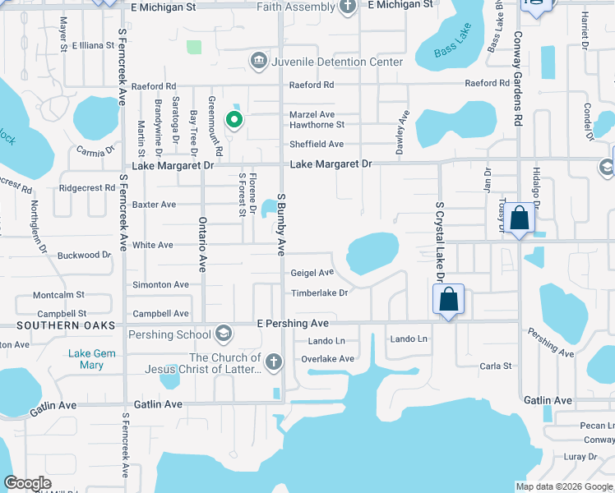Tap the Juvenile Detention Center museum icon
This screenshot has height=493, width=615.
click(x=258, y=62)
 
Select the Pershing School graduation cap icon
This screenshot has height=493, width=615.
click(x=222, y=334)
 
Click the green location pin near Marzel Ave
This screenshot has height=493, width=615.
click(x=234, y=120)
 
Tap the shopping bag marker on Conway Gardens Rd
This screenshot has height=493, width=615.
click(x=520, y=219)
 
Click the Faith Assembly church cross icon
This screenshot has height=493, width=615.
click(x=348, y=7)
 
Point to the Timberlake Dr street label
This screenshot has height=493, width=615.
click(x=319, y=293)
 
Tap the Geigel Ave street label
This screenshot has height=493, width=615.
click(x=312, y=272)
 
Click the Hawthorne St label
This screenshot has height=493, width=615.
click(x=316, y=125)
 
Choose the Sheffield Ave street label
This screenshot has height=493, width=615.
click(x=316, y=144)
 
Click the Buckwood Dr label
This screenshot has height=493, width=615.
click(x=84, y=256)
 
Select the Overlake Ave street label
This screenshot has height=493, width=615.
click(x=327, y=358)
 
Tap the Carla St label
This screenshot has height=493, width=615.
click(x=496, y=366)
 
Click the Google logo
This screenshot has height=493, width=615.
click(x=28, y=483)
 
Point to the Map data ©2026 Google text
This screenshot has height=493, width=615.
click(x=563, y=486)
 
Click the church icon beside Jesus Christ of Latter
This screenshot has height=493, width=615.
click(x=274, y=362)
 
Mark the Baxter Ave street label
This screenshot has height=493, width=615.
click(x=155, y=204)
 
